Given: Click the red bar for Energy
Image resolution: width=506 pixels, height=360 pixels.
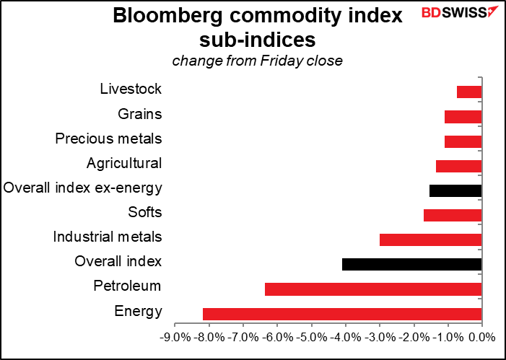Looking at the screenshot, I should click(342, 314).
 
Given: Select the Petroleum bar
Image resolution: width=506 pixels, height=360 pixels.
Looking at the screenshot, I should click(373, 289).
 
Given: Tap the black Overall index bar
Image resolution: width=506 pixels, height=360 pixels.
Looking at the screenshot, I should click(411, 264).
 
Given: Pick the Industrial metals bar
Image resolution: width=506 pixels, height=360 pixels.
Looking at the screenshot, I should click(430, 240).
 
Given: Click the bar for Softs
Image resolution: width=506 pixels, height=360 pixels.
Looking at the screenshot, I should click(453, 215).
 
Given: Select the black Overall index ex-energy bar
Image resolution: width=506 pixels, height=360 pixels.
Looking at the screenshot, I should click(455, 190).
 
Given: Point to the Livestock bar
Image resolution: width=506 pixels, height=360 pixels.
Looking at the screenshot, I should click(469, 92).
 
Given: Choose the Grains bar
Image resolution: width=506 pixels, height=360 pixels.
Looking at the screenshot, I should click(463, 116).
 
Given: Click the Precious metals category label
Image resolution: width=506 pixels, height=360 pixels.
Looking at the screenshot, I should click(108, 139).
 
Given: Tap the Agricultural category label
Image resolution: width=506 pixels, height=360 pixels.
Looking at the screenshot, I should click(123, 163).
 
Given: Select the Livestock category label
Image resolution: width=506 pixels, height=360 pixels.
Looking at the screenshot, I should click(131, 89).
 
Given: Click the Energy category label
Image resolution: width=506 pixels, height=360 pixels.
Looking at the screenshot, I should click(138, 312).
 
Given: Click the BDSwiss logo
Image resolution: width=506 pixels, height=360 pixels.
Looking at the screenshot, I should click(459, 14).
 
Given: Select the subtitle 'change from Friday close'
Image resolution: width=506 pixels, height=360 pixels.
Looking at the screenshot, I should click(257, 61).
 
